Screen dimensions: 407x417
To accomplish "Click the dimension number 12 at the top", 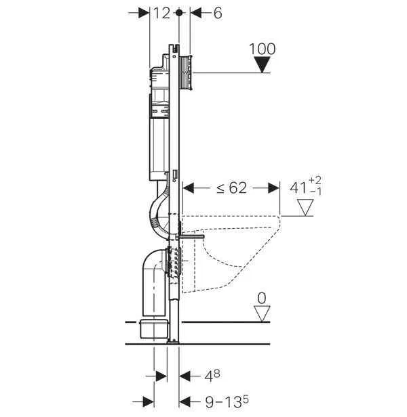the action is [162, 13].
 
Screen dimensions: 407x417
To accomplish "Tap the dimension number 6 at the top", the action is [218, 13].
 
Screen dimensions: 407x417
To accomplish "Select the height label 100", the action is [263, 49].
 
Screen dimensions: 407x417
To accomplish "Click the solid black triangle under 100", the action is [263, 64].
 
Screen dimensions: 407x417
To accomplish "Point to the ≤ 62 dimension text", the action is [231, 188].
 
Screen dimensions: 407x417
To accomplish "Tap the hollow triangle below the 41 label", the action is [305, 207].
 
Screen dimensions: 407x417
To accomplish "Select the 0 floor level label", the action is [262, 298].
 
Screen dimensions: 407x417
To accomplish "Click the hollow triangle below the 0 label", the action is [262, 314].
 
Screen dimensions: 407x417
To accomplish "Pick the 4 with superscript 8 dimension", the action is [212, 376].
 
